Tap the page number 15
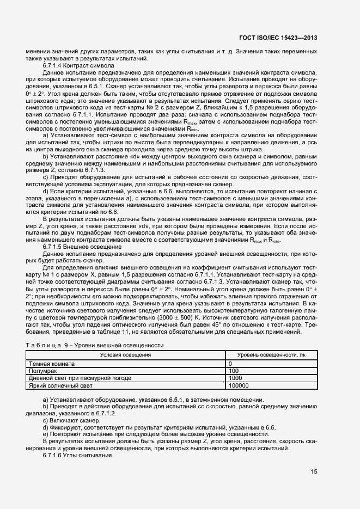(x=314, y=471)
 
